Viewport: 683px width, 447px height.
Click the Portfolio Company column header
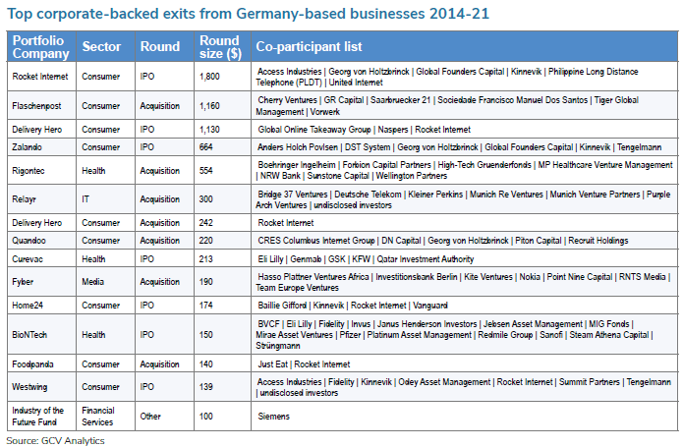point(37,46)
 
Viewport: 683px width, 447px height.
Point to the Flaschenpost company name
point(36,105)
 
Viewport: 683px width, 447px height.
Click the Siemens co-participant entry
point(273,417)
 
